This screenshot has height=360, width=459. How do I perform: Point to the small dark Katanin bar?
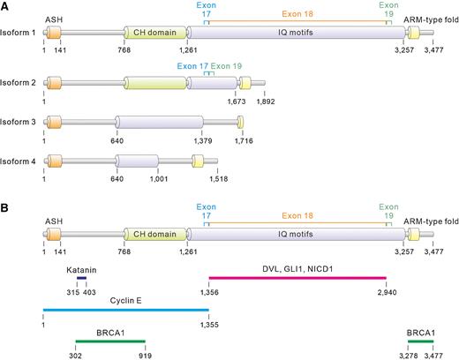click(x=82, y=276)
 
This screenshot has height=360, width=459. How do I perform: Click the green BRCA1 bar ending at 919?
click(x=109, y=341)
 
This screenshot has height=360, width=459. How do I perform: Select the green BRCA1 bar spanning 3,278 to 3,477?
click(x=420, y=341)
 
